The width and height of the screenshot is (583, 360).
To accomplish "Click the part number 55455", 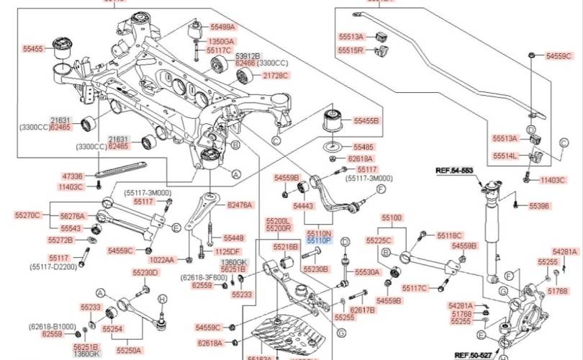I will coord(33,50).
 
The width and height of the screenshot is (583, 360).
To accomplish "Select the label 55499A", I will coord(222,27).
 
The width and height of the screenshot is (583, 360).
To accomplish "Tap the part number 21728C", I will coord(275,75).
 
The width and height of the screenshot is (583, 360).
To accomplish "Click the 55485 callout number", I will coord(363,146).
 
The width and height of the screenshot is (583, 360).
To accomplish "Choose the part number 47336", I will coord(72,176).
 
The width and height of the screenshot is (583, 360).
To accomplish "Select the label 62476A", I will coord(240,205).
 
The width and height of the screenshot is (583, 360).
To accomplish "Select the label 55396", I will coord(539,206).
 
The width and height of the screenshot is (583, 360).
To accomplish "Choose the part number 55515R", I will coord(351,50).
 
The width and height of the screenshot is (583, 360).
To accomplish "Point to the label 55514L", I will coord(505,156).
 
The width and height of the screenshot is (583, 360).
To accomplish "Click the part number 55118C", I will coord(450,235).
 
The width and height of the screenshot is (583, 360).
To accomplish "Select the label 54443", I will coord(303,206).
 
